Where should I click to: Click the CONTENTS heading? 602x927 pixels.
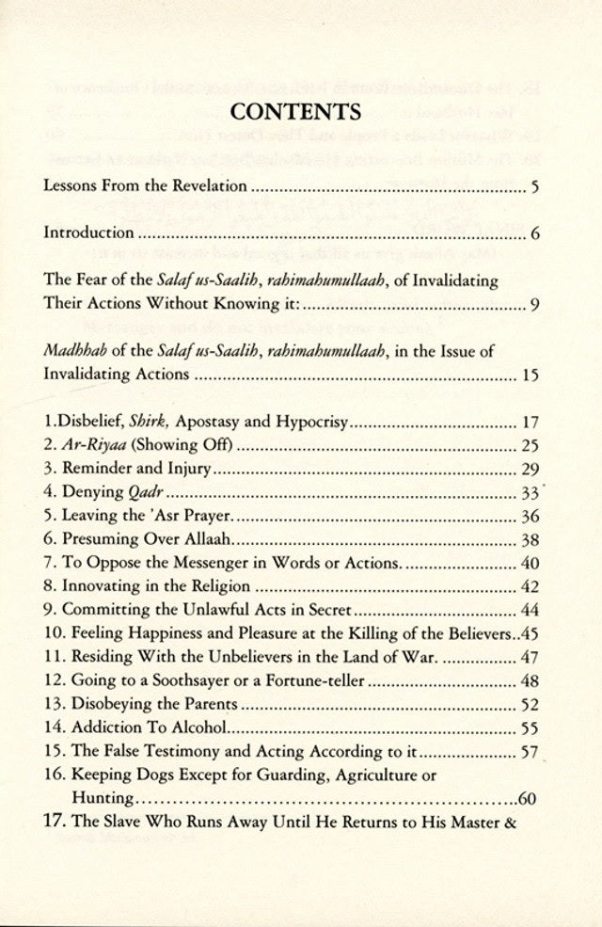point(296,113)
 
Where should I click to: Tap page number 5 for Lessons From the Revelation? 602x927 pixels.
point(534,186)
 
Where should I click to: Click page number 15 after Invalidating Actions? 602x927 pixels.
point(529,376)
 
